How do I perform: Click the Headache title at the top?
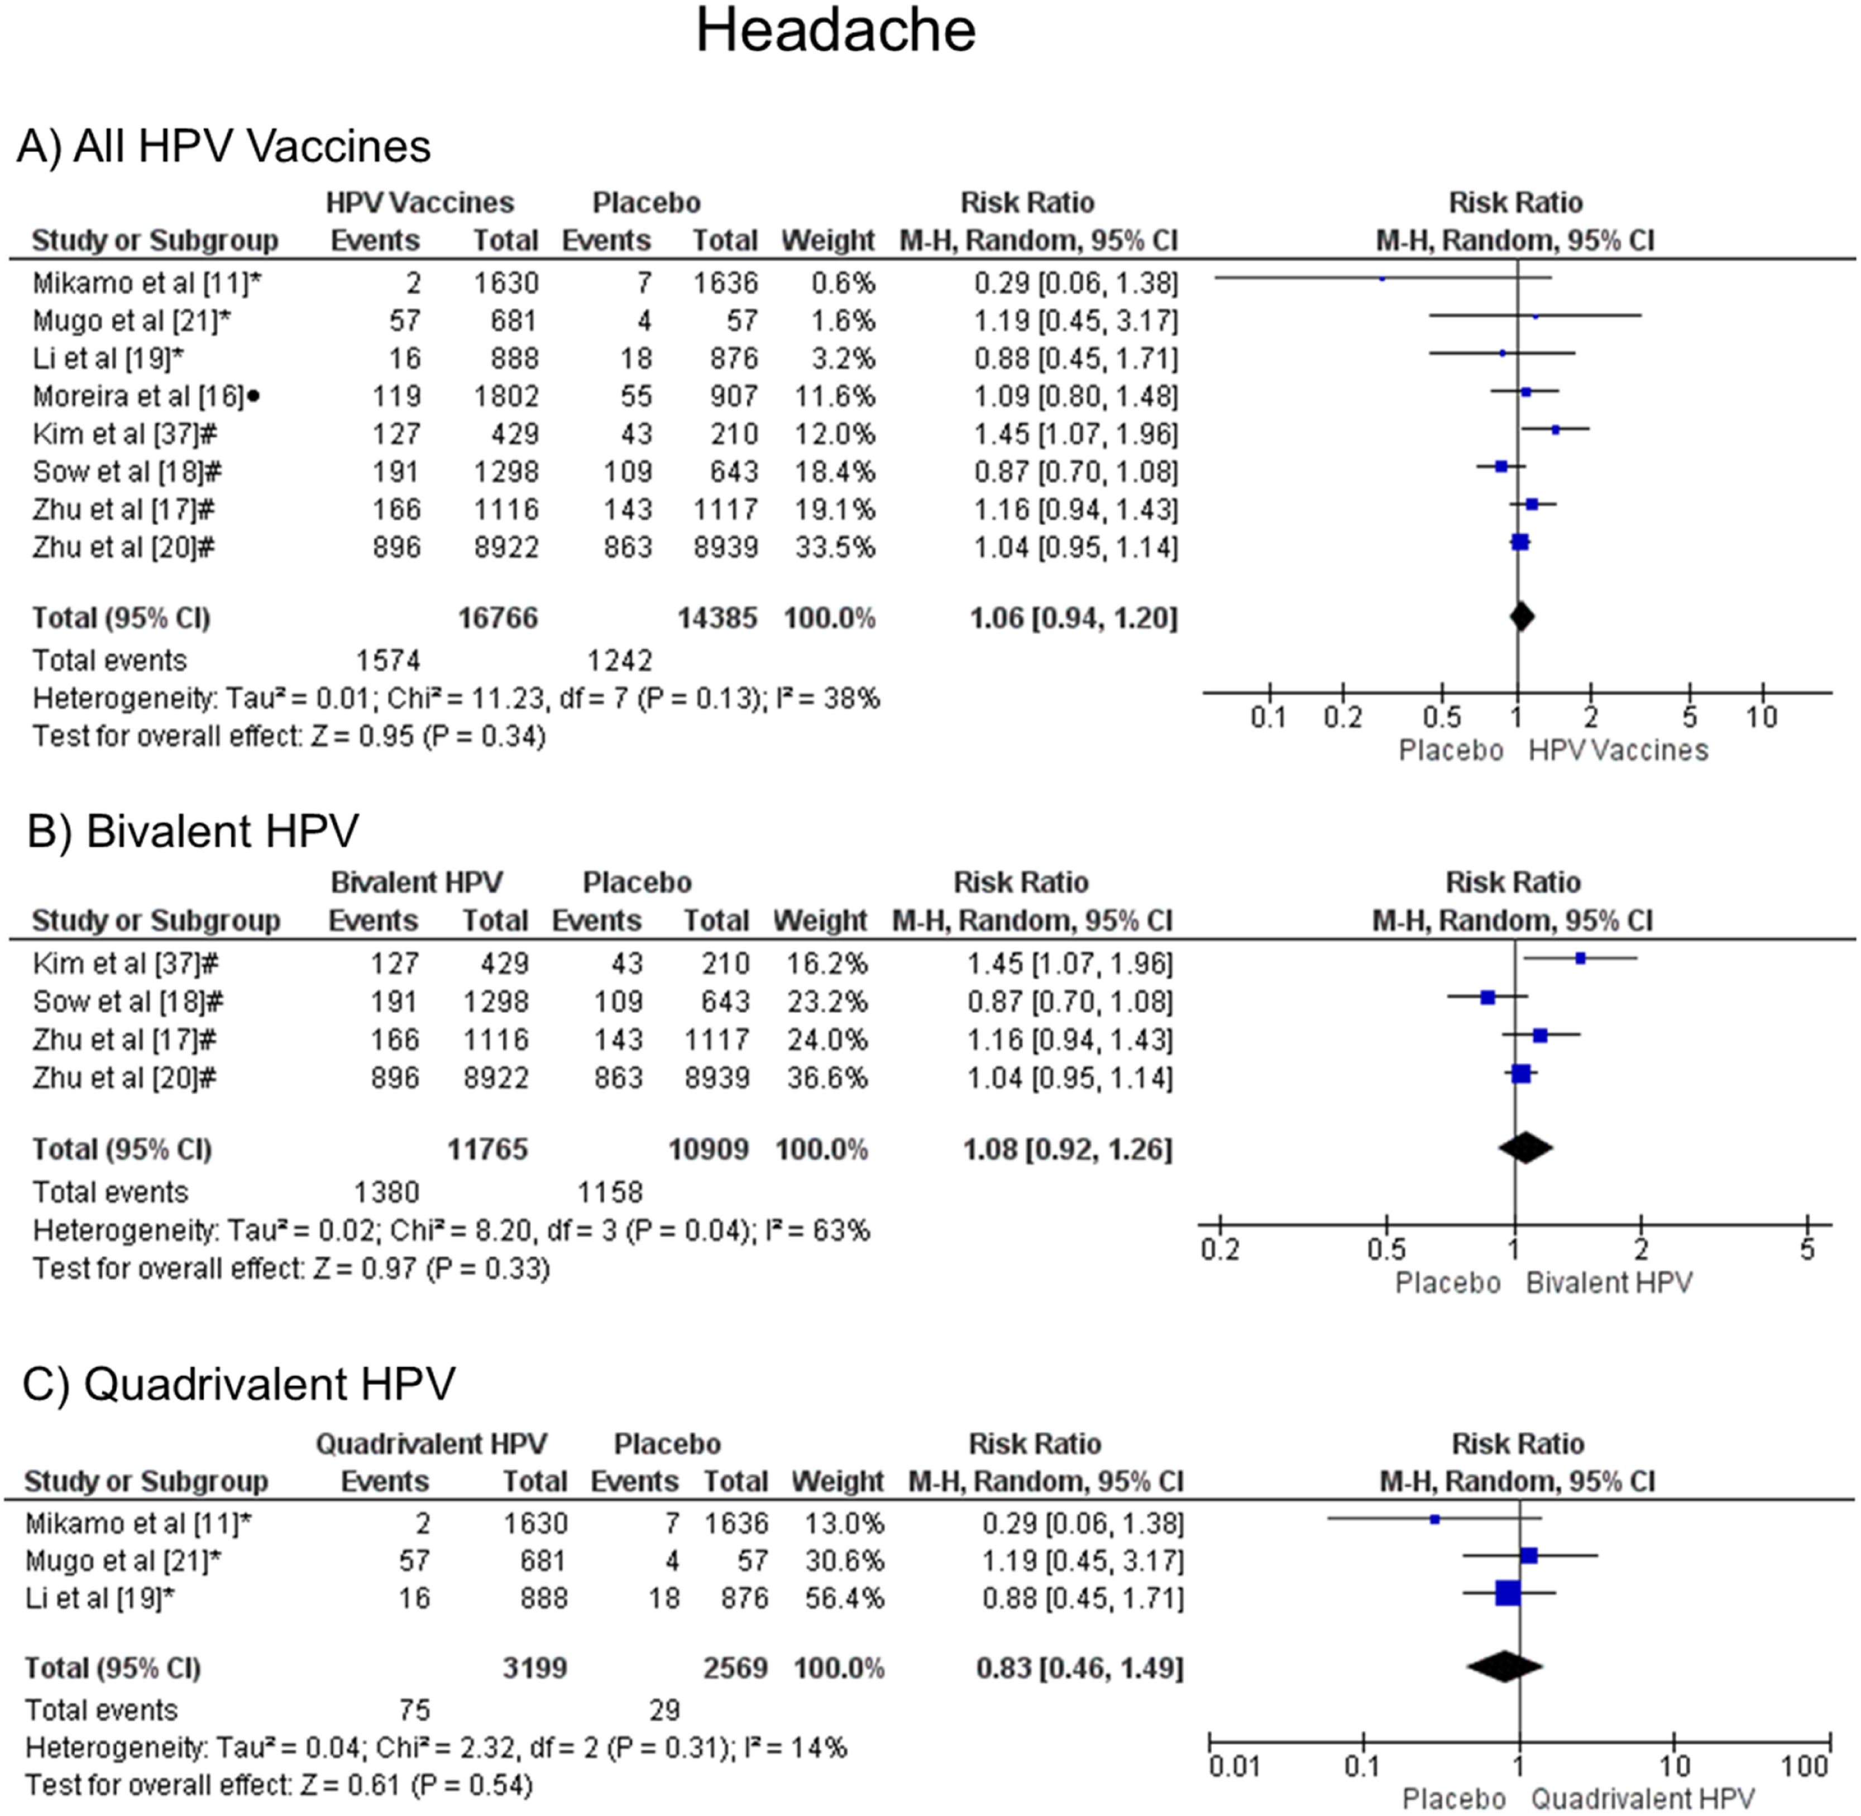[x=836, y=31]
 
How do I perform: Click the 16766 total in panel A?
[x=498, y=618]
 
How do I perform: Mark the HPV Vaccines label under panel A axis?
[x=1618, y=751]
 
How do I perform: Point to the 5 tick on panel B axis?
[x=1807, y=1248]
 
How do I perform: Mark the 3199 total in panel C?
[x=535, y=1668]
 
